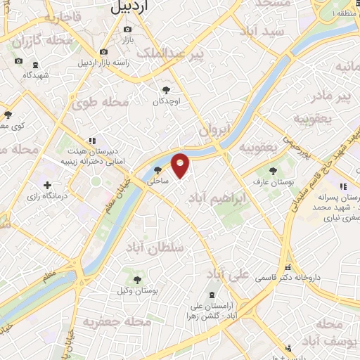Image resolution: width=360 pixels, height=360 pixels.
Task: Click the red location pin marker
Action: pyautogui.click(x=181, y=165)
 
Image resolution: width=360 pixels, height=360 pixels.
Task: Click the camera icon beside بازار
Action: pyautogui.click(x=127, y=29)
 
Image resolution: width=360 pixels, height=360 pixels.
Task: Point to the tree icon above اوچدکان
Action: pyautogui.click(x=166, y=89)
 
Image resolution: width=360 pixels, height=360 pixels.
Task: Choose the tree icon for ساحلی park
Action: pyautogui.click(x=157, y=169)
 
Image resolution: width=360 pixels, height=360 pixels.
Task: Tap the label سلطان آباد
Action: pyautogui.click(x=155, y=247)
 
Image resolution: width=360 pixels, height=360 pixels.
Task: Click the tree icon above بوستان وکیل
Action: pyautogui.click(x=137, y=278)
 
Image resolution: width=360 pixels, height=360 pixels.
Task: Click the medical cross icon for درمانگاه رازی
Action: pyautogui.click(x=47, y=186)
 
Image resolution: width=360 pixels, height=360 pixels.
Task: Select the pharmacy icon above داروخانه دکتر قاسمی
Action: pyautogui.click(x=289, y=267)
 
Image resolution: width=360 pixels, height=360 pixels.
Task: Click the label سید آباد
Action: pyautogui.click(x=262, y=32)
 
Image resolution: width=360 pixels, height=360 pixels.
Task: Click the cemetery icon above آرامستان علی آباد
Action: pyautogui.click(x=212, y=294)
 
